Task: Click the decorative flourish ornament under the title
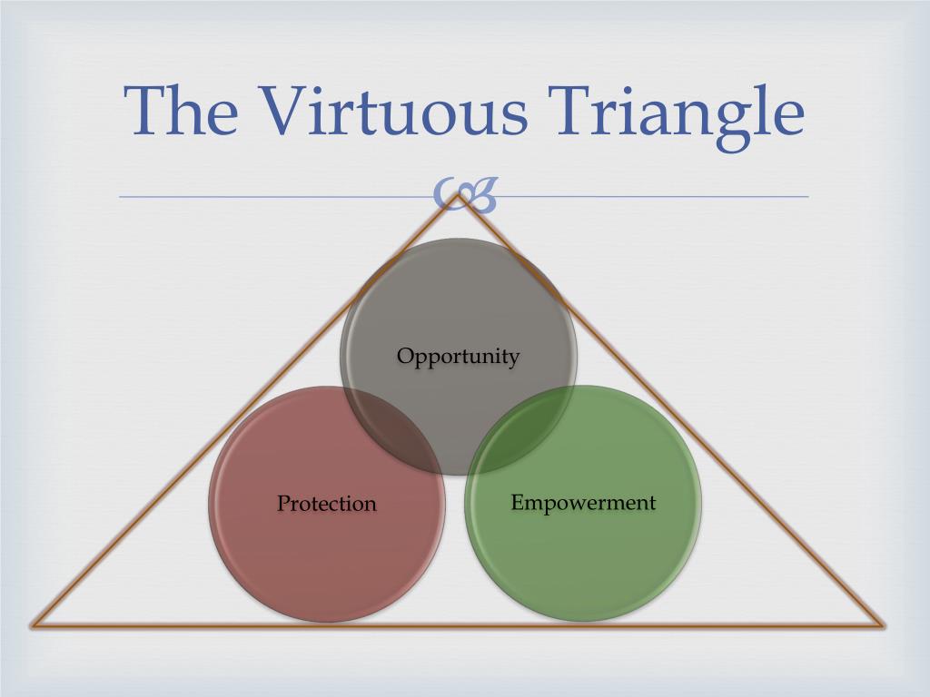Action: pyautogui.click(x=465, y=195)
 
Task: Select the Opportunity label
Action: pyautogui.click(x=458, y=356)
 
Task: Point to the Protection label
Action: pyautogui.click(x=326, y=503)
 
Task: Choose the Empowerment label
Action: pyautogui.click(x=583, y=502)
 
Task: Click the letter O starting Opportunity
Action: pyautogui.click(x=405, y=355)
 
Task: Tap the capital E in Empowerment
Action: pyautogui.click(x=518, y=502)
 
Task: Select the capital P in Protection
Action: pyautogui.click(x=283, y=503)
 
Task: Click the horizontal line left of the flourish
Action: pyautogui.click(x=272, y=196)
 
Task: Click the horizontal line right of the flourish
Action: pyautogui.click(x=654, y=196)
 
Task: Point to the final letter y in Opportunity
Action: pyautogui.click(x=514, y=358)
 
